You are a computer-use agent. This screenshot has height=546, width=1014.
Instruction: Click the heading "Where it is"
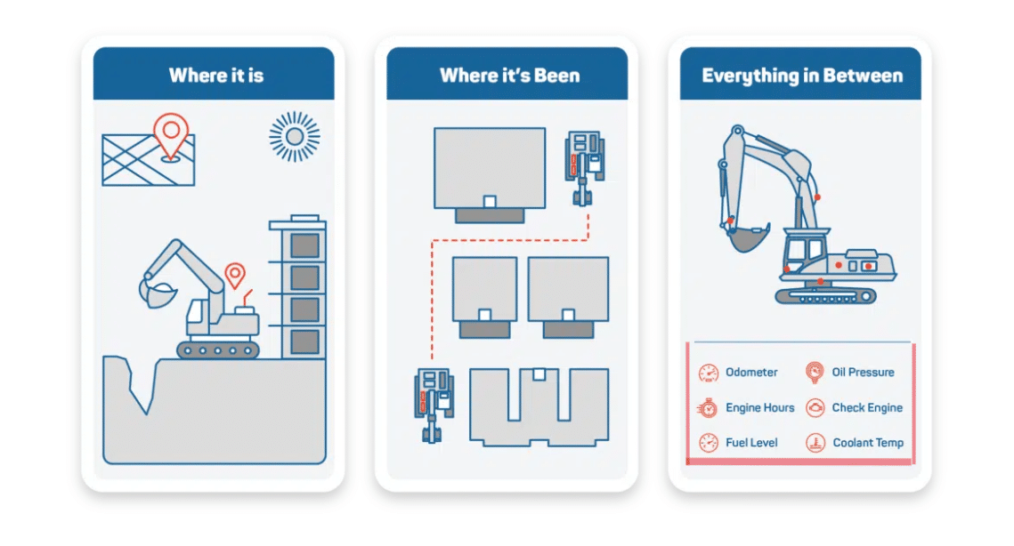[x=215, y=75]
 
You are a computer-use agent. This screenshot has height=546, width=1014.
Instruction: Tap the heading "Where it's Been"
[x=509, y=75]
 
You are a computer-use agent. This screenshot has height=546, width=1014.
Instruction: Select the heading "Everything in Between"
[x=802, y=75]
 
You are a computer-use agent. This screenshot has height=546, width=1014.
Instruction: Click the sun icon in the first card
[x=294, y=136]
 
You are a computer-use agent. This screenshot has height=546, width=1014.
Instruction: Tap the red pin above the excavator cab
[x=235, y=275]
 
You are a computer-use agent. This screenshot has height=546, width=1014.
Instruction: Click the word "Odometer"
[x=751, y=373]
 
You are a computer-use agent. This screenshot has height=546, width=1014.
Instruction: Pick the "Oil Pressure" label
[x=863, y=373]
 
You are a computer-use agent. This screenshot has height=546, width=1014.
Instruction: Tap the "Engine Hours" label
[x=759, y=408]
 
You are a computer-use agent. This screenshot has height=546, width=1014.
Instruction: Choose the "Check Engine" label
[x=866, y=408]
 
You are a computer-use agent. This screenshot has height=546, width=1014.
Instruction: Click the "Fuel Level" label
[x=751, y=443]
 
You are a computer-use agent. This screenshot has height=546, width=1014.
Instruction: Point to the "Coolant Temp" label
[x=867, y=443]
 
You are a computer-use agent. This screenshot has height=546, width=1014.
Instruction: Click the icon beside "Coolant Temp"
[x=815, y=443]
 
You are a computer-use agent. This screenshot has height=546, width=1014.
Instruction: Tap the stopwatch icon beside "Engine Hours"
[x=708, y=408]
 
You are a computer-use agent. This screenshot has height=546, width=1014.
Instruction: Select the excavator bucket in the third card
[x=746, y=238]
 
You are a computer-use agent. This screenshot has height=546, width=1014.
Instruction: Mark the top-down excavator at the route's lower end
[x=433, y=405]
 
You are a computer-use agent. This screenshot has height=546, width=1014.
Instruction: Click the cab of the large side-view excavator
[x=806, y=251]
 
